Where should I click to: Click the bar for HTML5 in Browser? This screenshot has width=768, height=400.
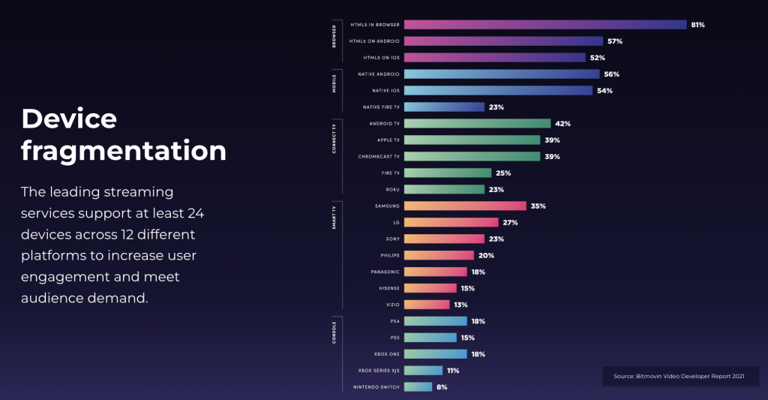coord(545,25)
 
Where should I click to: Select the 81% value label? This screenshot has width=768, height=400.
coord(697,25)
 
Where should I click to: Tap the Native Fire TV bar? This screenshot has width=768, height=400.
coord(444,107)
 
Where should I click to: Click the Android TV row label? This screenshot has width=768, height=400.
coord(384,124)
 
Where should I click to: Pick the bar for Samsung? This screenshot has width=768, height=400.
coord(465,206)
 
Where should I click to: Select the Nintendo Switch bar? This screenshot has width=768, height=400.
coord(418,387)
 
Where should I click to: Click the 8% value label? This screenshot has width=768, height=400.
coord(442,387)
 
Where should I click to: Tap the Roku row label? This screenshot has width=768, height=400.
coord(391,190)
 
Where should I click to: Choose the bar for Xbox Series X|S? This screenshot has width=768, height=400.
coord(423,371)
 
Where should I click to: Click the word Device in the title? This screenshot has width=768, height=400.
coord(69,119)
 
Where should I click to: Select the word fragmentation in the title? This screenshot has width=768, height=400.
coord(124,151)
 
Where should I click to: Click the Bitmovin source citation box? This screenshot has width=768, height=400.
coord(680,376)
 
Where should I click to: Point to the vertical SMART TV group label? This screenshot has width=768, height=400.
coord(334,216)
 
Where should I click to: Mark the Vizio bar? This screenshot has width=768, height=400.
coord(426,305)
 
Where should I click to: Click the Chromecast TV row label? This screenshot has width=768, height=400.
coord(379,157)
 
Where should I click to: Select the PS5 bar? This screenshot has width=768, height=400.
coord(430,338)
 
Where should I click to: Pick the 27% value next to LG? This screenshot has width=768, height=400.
coord(510,223)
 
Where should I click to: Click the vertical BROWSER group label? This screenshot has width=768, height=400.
coord(334,38)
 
